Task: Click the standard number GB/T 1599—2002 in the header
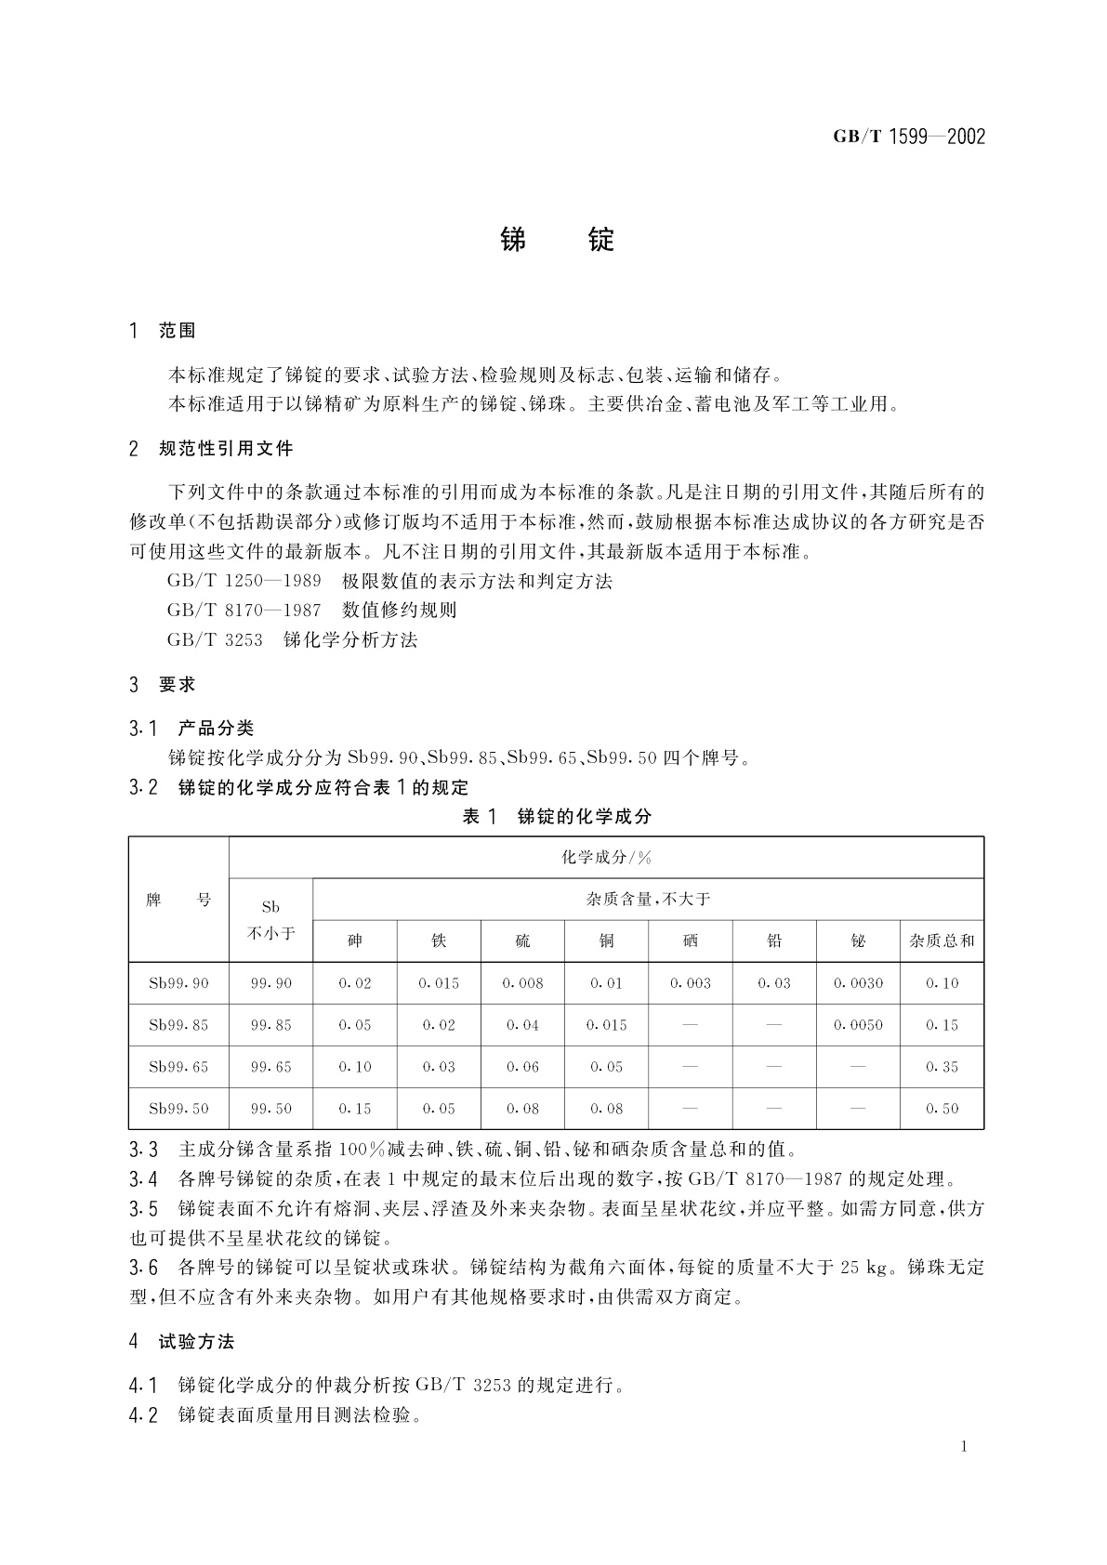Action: coord(908,138)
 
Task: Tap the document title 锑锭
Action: coord(557,240)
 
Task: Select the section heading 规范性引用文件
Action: coord(226,449)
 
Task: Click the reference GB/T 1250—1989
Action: coord(244,582)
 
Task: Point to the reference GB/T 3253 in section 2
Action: coord(215,639)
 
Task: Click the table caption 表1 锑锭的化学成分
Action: coord(557,816)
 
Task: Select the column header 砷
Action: coord(355,941)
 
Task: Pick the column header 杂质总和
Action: coord(942,941)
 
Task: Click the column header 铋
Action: coord(858,941)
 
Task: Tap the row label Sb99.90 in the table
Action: coord(178,983)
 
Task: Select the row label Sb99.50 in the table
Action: coord(178,1109)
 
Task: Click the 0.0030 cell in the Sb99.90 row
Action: coord(858,983)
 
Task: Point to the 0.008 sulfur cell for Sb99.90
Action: coord(522,983)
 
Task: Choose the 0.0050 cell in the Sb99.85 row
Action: coord(858,1025)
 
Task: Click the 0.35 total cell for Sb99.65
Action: coord(942,1067)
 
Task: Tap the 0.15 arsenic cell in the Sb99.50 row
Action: coord(355,1109)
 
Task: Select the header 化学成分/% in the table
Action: coord(606,857)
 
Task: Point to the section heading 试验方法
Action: coord(196,1341)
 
